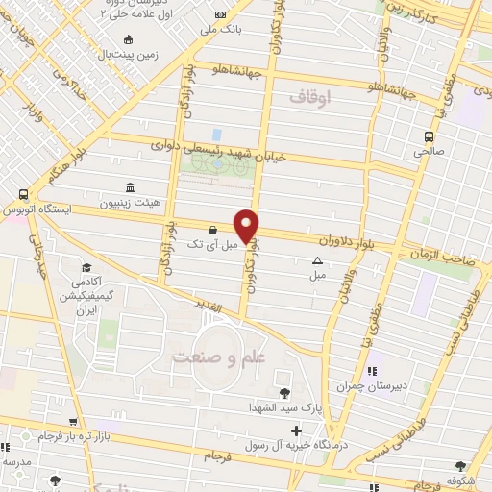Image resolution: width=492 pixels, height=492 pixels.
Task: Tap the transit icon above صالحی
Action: click(x=430, y=135)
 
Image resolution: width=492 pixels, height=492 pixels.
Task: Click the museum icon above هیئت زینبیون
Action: click(x=130, y=188)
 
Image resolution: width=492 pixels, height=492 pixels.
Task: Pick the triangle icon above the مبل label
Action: click(x=316, y=260)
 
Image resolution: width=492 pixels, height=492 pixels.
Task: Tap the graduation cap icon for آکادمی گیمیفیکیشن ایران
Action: click(x=86, y=267)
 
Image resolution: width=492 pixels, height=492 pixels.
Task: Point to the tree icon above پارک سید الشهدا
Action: click(x=283, y=392)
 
